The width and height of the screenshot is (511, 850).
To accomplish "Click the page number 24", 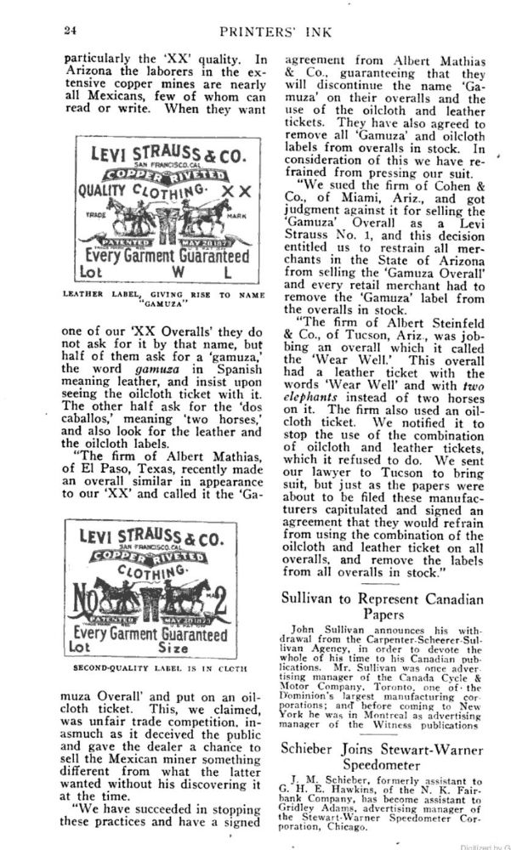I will tap(71, 31).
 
